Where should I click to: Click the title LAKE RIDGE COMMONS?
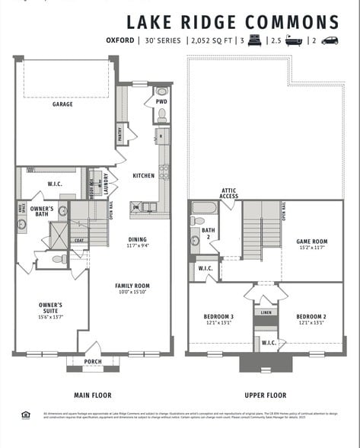[232, 22]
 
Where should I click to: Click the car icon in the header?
[330, 40]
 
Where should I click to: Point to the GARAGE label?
[62, 104]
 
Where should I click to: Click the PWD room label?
[161, 101]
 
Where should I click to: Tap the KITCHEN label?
[143, 176]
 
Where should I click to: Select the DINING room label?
[137, 240]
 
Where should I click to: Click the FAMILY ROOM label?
[132, 286]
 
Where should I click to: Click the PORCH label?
[92, 362]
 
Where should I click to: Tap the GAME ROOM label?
[311, 242]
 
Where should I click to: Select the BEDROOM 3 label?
[218, 316]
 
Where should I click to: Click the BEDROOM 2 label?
[311, 316]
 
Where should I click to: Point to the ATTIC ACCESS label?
[230, 194]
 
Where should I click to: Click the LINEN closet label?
[265, 312]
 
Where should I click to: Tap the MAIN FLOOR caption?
[92, 395]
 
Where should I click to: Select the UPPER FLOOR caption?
[265, 395]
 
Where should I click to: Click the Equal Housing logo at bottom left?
[26, 415]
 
